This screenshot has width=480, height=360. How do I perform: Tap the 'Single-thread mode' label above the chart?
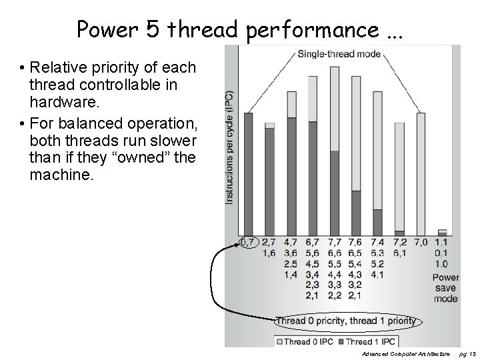pos(339,54)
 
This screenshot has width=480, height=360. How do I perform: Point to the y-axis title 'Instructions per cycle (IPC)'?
pos(229,147)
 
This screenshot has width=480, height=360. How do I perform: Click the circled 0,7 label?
pos(248,243)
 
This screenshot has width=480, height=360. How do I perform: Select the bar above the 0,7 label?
pos(249,173)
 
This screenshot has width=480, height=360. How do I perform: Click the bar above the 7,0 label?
pos(421,173)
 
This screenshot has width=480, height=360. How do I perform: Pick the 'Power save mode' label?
pos(445,288)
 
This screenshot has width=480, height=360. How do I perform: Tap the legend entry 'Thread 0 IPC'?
pos(305,341)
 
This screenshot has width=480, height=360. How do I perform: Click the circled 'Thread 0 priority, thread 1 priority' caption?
pos(345,321)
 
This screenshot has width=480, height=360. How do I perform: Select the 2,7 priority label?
pos(269,243)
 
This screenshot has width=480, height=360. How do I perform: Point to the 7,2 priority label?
pos(399,243)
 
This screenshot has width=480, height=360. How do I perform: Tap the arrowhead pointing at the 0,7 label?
pos(239,245)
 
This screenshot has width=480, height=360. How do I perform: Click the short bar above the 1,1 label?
pos(442,232)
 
